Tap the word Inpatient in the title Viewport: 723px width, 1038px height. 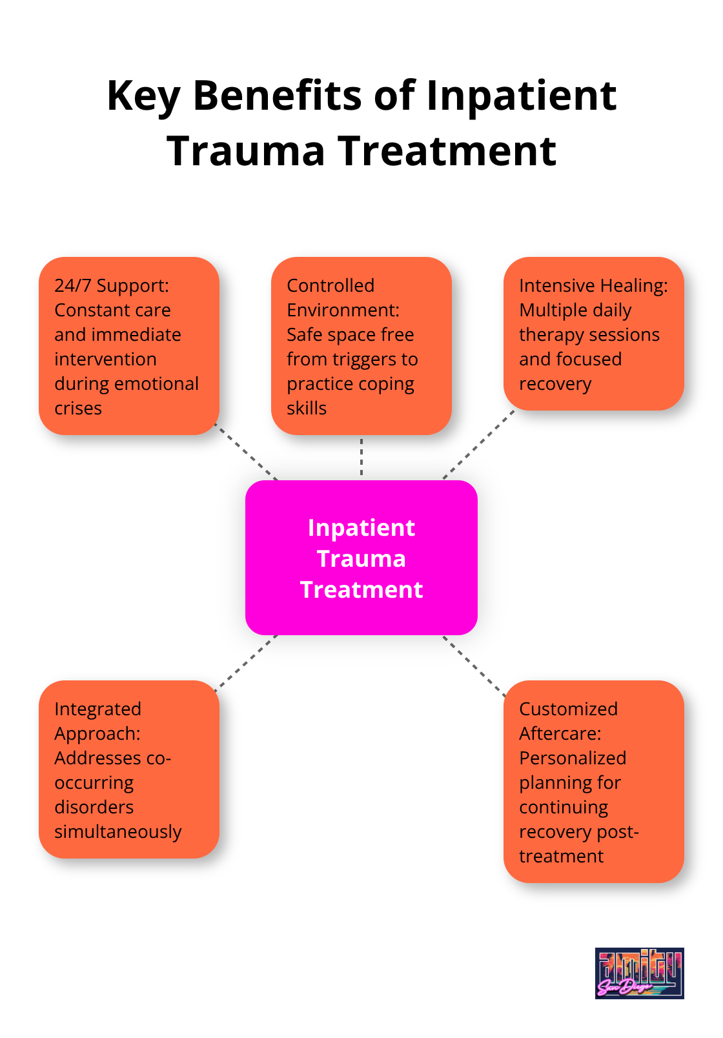coord(521,96)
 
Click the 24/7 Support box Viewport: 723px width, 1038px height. coord(129,345)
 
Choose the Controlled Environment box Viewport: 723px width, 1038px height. coord(361,345)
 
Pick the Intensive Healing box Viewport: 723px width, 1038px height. coord(593,334)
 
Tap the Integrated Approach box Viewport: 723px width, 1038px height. coord(129,769)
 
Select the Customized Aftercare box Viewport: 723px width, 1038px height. coord(593,781)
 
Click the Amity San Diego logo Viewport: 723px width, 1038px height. coord(639,973)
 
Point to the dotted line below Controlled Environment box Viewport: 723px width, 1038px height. coord(361,457)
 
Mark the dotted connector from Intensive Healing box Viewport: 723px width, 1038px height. coord(478,445)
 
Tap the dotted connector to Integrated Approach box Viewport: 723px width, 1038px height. coord(246,662)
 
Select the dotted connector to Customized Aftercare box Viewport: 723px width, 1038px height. coord(474,666)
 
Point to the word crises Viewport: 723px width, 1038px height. coord(78,408)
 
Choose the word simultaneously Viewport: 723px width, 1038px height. coord(118,831)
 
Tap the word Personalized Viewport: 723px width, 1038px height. coord(573,758)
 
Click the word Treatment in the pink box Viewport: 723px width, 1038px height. coord(361,589)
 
